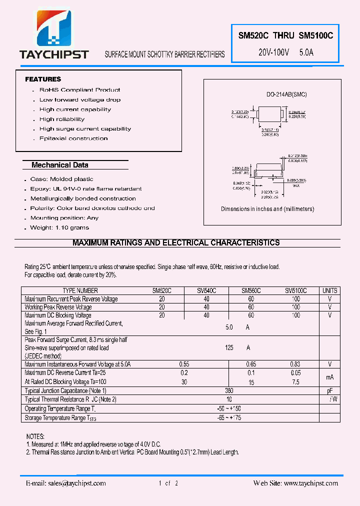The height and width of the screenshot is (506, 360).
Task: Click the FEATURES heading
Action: tap(43, 79)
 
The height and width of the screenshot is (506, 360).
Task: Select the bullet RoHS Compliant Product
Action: tap(79, 90)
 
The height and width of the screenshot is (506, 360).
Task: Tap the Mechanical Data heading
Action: tap(59, 165)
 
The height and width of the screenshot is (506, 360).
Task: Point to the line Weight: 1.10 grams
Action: tap(59, 227)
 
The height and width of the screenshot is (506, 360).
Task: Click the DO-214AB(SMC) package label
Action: tap(286, 94)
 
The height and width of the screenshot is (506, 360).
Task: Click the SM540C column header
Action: tap(206, 290)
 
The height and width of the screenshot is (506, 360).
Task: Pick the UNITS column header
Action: tap(330, 290)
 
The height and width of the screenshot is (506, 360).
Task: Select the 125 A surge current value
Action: tap(235, 347)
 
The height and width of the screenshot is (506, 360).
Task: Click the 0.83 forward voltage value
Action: tap(295, 365)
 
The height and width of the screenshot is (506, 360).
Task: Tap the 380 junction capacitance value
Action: tap(229, 390)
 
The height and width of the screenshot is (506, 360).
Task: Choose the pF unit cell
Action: tap(330, 390)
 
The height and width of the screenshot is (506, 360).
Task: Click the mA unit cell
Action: tap(330, 377)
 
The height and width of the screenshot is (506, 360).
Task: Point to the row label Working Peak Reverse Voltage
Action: tap(58, 307)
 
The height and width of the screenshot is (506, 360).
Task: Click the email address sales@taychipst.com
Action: tap(66, 483)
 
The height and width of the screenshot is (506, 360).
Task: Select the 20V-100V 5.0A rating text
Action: tap(285, 52)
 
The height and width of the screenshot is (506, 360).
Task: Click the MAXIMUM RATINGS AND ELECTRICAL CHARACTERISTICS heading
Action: tap(176, 243)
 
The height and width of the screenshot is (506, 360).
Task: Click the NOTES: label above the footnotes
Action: tap(35, 436)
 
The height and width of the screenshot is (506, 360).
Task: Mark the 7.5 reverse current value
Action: tap(295, 382)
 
